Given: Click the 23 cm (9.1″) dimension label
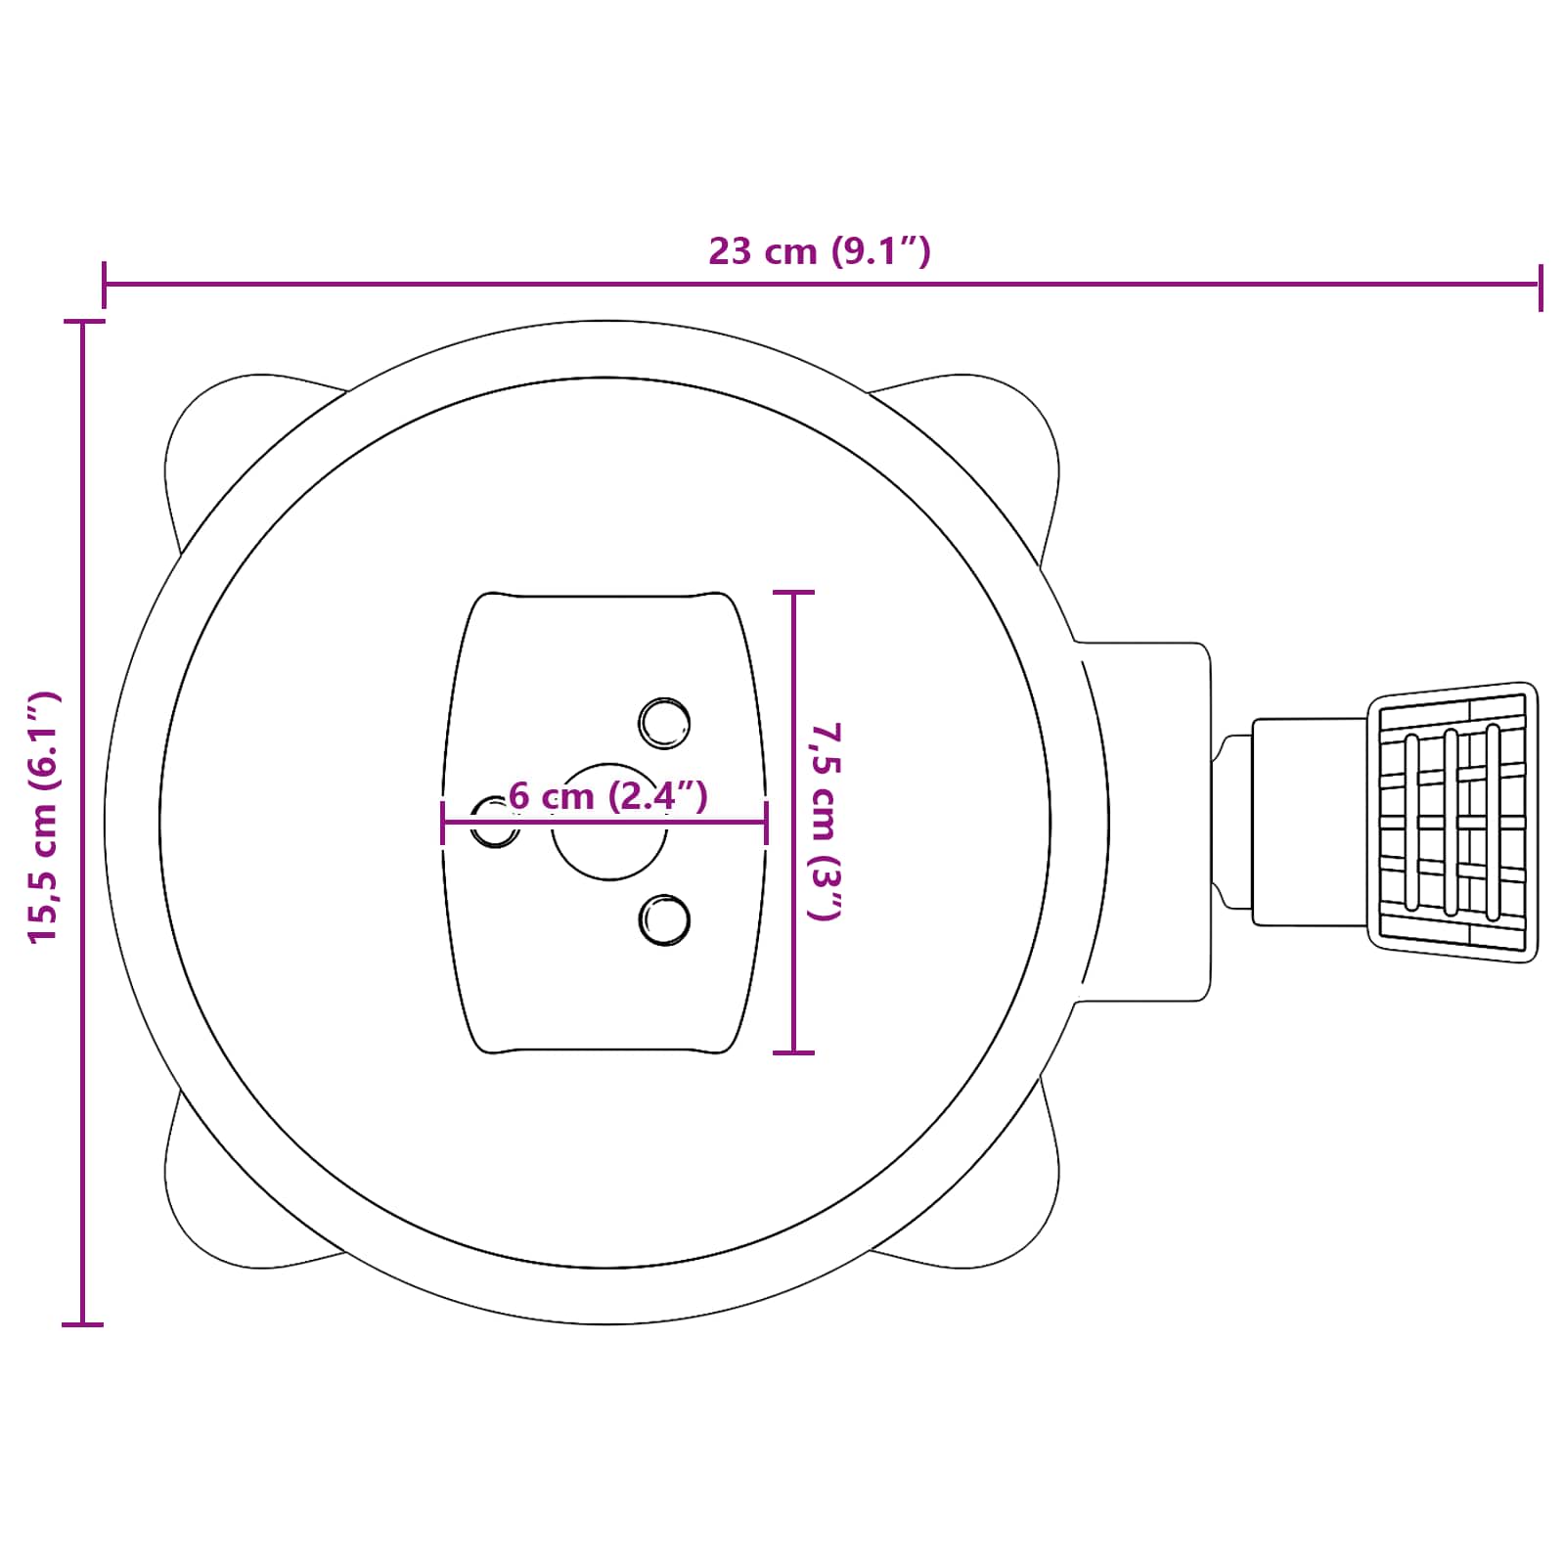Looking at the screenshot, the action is click(x=820, y=251).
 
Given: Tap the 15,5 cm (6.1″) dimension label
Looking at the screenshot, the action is click(x=44, y=817).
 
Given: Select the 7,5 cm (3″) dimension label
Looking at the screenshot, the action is click(x=825, y=822).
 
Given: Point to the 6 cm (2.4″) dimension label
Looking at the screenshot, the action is click(x=608, y=796).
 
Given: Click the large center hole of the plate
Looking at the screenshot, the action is click(x=609, y=822).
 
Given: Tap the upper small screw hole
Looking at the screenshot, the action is click(x=664, y=724).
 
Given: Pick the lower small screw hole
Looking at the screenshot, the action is click(x=664, y=919).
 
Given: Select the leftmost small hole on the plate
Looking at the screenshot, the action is click(x=495, y=822).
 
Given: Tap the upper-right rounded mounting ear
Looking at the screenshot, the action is click(x=988, y=440).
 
